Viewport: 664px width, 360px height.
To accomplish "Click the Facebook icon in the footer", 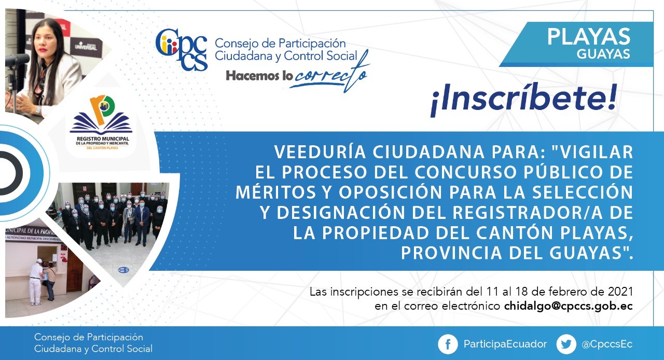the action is [x=448, y=344].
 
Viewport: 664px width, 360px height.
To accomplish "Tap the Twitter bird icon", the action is [x=566, y=344].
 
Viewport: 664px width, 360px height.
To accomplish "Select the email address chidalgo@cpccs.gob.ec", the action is [x=568, y=306].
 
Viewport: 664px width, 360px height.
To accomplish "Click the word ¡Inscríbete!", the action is [x=524, y=100].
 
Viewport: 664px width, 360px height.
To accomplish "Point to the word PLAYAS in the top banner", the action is [x=589, y=37].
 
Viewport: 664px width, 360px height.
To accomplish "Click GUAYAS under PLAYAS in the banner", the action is [x=603, y=54].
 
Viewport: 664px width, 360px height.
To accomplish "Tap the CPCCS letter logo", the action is [x=182, y=49].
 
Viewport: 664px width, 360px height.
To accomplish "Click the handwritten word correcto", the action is [x=329, y=74].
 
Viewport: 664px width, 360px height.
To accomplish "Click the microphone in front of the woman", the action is [x=16, y=60].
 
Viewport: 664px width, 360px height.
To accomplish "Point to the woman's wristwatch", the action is [x=38, y=110].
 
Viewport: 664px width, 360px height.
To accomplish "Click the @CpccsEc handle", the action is [x=607, y=344].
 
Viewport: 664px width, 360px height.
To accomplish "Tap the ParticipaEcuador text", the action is [x=505, y=344].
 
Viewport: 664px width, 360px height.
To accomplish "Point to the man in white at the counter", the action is [x=36, y=282].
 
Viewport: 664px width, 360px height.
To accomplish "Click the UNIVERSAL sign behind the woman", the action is [x=86, y=46].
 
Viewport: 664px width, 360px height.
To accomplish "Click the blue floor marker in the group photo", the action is [x=123, y=270].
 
